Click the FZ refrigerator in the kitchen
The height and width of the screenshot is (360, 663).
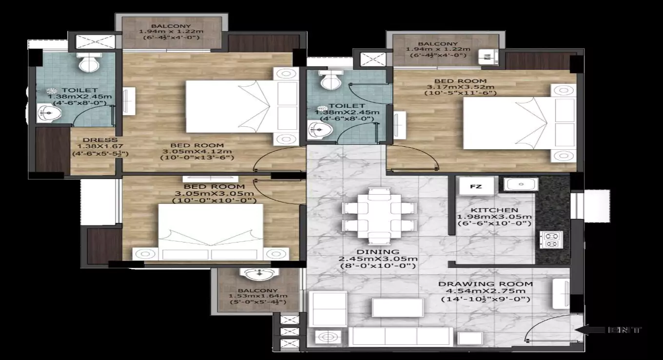(x=475, y=186)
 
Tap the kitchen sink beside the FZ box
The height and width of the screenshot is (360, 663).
(x=521, y=184)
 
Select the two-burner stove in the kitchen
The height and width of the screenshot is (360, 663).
(x=551, y=240)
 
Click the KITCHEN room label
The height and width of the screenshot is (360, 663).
(x=494, y=210)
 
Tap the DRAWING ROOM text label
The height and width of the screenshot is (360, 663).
(x=485, y=284)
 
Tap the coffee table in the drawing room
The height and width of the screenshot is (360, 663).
(x=397, y=307)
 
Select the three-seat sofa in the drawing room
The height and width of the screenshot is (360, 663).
(x=400, y=336)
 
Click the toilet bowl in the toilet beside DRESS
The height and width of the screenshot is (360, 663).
(x=89, y=62)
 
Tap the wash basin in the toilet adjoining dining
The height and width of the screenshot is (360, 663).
(x=319, y=129)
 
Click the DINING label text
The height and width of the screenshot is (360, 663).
(x=377, y=252)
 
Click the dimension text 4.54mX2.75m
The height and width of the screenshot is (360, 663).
(x=485, y=292)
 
